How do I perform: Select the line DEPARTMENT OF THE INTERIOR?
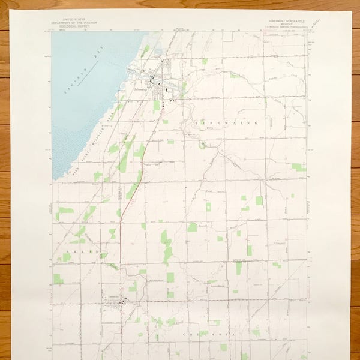tap(74, 23)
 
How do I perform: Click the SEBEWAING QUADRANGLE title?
tap(287, 21)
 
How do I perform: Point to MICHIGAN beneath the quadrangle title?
tap(287, 24)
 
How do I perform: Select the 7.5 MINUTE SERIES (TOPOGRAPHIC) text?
tap(287, 27)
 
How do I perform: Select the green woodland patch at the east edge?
tap(298, 167)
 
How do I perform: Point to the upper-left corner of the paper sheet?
tap(11, 10)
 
